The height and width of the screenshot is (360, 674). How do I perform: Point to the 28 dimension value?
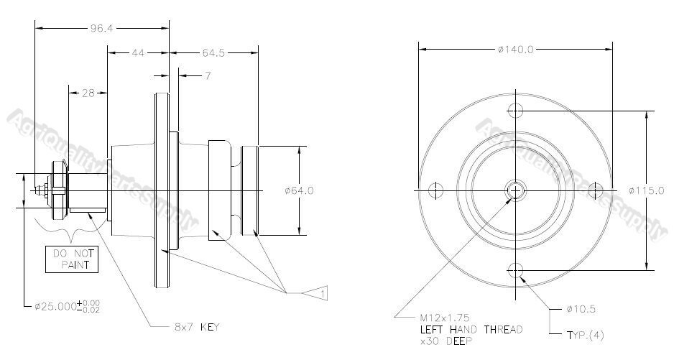point(88,92)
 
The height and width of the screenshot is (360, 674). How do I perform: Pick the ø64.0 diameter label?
point(299,190)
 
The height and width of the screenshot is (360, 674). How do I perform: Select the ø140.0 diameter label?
point(514,50)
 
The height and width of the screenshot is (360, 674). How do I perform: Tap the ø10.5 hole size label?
point(581,310)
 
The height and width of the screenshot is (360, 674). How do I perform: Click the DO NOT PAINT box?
point(71,259)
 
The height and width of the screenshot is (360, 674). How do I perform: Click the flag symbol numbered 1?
point(318,293)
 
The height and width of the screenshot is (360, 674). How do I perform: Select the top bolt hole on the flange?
point(514,110)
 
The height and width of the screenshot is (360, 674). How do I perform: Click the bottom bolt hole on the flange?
point(514,270)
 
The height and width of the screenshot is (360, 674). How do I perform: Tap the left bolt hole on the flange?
point(435,190)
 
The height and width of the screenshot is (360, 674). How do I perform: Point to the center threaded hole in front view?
point(514,190)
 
